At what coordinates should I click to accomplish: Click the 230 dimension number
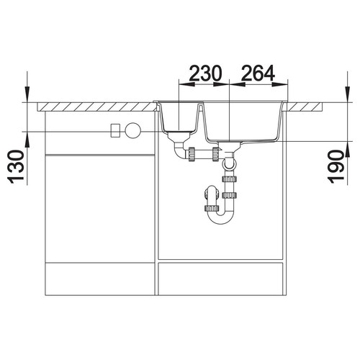205,73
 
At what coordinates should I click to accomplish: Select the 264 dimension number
258,73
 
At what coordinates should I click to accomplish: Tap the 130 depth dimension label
17,167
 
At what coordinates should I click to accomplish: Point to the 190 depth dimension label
336,167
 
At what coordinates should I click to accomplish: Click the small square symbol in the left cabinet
115,130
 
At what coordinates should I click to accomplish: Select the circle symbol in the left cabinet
132,130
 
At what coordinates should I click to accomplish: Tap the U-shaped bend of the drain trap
221,217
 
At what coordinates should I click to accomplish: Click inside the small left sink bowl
180,117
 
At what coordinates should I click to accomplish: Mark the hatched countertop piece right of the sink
305,107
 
